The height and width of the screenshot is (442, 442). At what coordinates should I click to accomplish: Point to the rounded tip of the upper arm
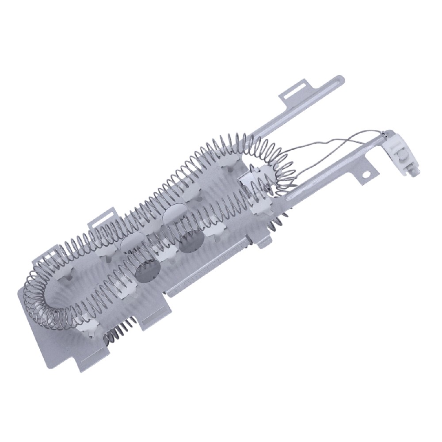tap(339, 80)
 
